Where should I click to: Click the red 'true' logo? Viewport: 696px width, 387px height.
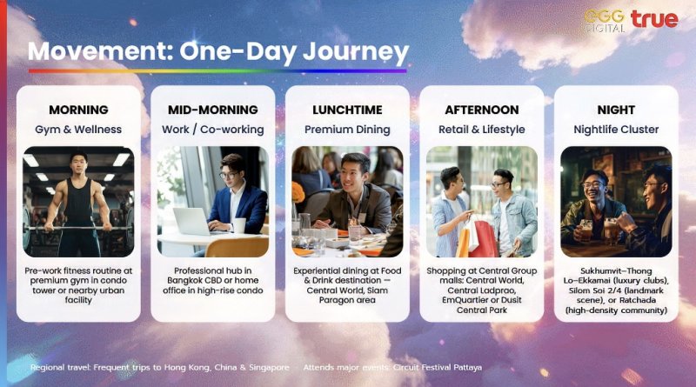pos(654,19)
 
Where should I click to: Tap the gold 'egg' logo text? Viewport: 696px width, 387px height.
pos(604,17)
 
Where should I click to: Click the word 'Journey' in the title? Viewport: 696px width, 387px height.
pos(356,53)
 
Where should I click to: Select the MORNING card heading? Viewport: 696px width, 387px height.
pos(78,110)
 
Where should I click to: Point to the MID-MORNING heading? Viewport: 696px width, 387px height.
pos(212,110)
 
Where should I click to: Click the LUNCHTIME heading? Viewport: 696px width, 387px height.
pos(347,110)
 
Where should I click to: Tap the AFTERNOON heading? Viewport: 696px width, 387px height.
pos(482,110)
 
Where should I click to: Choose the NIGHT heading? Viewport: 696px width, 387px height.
pos(616,110)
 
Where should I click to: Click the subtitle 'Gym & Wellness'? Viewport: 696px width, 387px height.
pos(78,130)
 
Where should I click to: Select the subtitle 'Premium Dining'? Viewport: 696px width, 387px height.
pos(347,130)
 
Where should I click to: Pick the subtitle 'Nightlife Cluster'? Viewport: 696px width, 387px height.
pos(616,130)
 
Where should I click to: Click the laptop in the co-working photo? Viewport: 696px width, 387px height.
pos(192,222)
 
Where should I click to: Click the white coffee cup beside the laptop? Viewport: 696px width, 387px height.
pos(239,225)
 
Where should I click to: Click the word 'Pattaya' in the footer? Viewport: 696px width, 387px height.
pos(467,368)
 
